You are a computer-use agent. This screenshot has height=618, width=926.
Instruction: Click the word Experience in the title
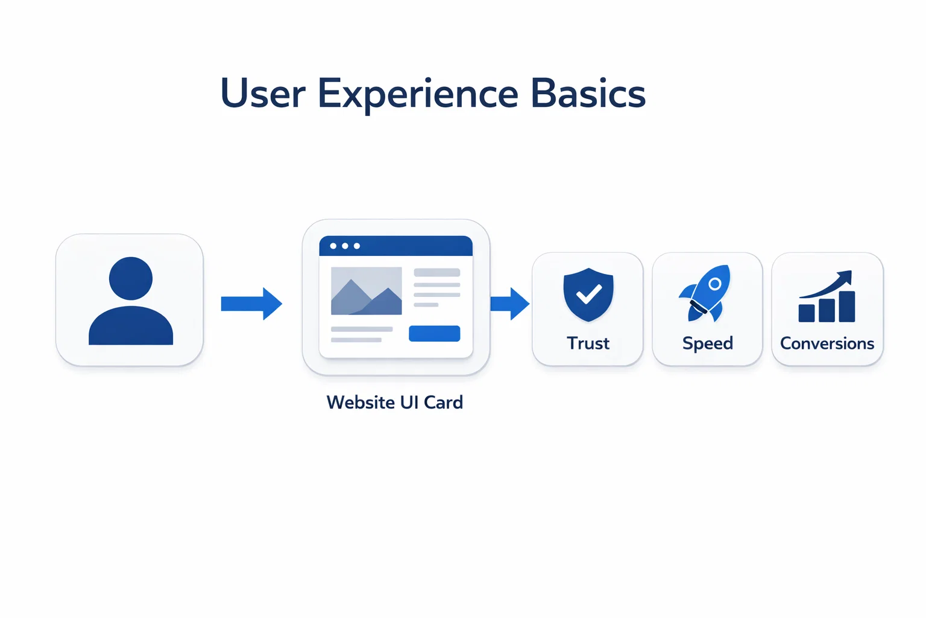point(418,94)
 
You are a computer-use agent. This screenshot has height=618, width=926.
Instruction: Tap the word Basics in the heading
point(588,94)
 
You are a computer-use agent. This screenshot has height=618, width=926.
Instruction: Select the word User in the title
point(263,94)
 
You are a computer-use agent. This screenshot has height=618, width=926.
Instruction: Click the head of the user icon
point(131,278)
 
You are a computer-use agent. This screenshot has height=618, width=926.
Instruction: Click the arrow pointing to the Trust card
point(510,304)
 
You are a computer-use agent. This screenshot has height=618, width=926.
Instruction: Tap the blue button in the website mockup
point(434,334)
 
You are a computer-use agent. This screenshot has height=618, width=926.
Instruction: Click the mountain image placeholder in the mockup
point(366,291)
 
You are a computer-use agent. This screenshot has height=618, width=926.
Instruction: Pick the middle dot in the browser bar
point(345,246)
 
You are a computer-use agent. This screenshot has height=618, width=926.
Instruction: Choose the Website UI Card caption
point(395,403)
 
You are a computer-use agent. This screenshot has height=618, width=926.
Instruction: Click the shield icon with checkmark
point(588,295)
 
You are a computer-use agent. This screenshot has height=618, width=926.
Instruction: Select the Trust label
point(588,343)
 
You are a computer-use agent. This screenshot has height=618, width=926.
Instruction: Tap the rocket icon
point(706,293)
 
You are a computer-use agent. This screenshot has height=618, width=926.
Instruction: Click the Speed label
point(708,343)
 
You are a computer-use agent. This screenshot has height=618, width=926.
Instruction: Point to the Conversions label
point(827,343)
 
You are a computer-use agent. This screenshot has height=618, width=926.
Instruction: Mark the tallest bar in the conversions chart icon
point(847,307)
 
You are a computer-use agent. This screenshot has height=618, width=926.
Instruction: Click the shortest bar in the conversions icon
point(807,313)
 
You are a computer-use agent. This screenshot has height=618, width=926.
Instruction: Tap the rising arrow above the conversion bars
point(829,284)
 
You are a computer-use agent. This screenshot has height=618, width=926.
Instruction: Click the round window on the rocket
point(714,284)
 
